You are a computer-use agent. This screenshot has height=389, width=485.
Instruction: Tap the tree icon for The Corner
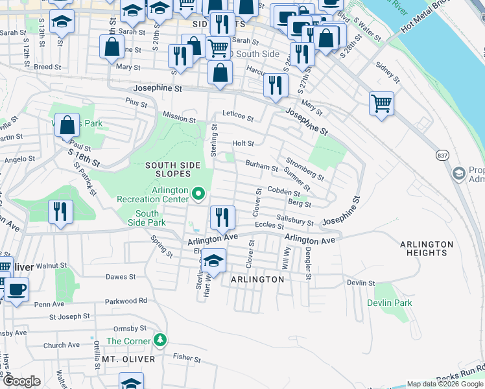(161, 340)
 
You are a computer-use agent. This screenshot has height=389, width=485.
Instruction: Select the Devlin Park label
(389, 303)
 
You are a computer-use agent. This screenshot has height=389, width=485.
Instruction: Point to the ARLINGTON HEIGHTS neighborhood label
(427, 248)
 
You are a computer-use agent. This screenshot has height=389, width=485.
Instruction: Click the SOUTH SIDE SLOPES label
(167, 170)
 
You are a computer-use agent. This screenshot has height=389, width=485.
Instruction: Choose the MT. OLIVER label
(128, 359)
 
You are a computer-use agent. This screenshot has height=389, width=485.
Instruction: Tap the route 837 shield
(442, 156)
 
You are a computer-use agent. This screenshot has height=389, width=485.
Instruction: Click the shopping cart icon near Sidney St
(381, 103)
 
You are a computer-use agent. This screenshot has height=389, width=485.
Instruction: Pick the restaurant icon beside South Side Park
(60, 211)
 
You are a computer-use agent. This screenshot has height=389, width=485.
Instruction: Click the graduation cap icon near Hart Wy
(213, 261)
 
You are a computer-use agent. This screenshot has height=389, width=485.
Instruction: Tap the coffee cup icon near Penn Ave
(17, 289)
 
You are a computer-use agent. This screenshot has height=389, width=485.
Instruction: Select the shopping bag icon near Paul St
(67, 124)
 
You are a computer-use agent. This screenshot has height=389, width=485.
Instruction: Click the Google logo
(21, 381)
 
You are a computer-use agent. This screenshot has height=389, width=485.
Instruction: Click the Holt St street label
(243, 143)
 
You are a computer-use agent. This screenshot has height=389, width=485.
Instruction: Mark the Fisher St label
(186, 356)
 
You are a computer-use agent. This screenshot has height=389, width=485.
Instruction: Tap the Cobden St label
(283, 191)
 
